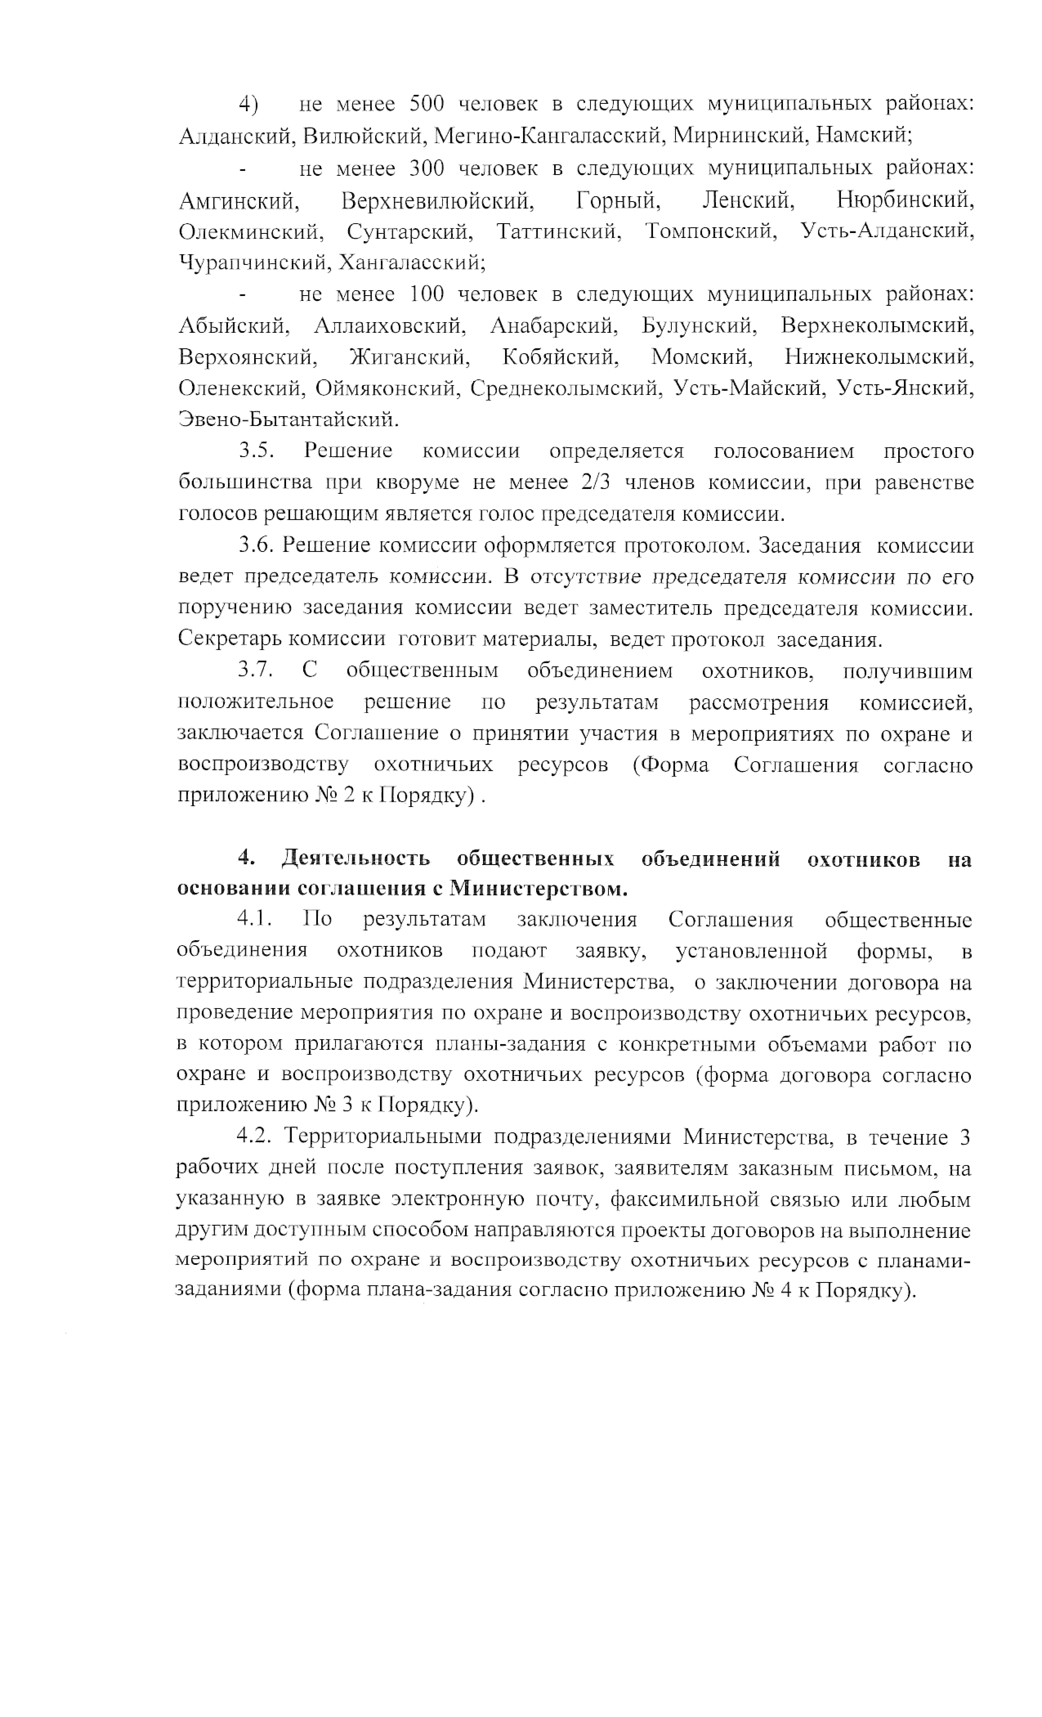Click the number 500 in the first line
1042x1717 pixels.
(426, 104)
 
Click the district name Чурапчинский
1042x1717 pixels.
(255, 263)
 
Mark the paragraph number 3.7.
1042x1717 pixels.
(255, 670)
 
